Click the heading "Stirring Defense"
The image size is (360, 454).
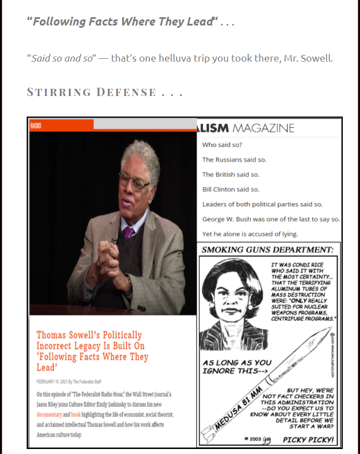(104, 92)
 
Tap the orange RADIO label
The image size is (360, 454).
(36, 126)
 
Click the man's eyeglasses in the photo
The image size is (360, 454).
(134, 180)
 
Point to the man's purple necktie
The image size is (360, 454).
(129, 232)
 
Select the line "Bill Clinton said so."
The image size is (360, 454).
(231, 189)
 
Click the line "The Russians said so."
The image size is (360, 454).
(234, 159)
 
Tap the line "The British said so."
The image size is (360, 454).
(231, 174)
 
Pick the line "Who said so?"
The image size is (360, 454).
(218, 144)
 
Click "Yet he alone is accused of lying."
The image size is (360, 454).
(250, 234)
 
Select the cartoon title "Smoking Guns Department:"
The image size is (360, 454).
(267, 250)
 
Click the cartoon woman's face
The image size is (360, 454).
(227, 297)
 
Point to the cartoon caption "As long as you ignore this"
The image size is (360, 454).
(237, 367)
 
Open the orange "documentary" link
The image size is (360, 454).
(49, 415)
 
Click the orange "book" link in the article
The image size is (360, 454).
(76, 415)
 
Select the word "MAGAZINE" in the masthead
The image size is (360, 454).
(263, 128)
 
